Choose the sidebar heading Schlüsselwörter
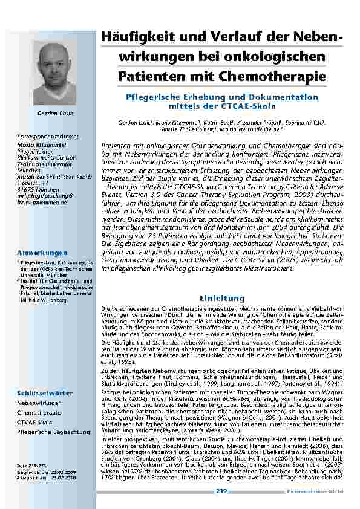click(x=45, y=393)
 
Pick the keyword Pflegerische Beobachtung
click(x=53, y=432)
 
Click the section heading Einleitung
click(x=222, y=298)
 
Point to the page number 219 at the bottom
click(x=221, y=491)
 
